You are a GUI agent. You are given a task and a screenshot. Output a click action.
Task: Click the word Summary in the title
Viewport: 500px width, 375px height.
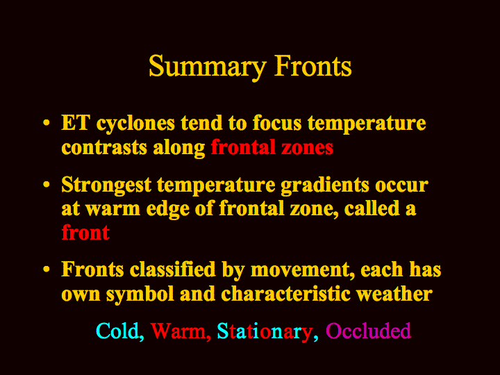click(x=207, y=67)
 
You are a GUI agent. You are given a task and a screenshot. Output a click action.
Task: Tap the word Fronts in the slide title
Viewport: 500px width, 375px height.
click(x=313, y=66)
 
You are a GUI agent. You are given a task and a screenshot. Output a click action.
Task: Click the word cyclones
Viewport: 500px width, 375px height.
click(x=135, y=124)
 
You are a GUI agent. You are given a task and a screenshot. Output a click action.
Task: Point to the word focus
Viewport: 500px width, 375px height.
click(x=277, y=123)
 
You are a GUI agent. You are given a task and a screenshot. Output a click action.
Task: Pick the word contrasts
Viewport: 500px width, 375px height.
click(x=104, y=148)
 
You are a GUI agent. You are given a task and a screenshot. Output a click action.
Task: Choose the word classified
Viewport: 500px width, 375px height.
click(x=172, y=269)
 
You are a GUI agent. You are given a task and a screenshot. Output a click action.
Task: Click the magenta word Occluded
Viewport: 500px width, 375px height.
click(x=368, y=331)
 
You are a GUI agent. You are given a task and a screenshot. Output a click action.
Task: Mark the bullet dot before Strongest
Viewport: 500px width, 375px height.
click(x=47, y=185)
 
